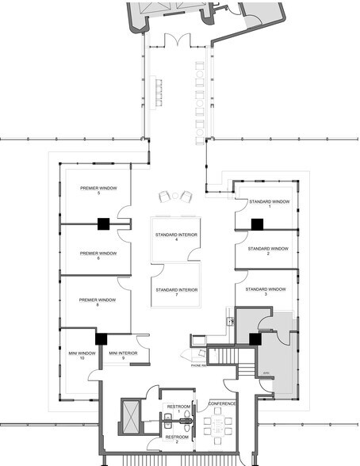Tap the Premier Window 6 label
pos(98,256)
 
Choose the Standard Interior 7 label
pos(176,292)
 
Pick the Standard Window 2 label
pos(268,250)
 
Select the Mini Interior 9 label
pos(124,354)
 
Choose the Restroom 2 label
pos(177,439)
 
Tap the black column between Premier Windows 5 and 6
pos(103,224)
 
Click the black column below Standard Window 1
pos(257,224)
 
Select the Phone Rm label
pos(198,365)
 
